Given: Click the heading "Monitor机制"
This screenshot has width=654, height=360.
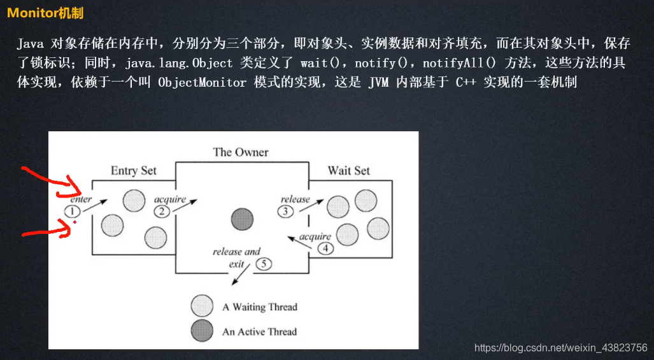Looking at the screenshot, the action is click(45, 13).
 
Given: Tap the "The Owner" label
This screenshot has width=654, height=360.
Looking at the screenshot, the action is click(241, 152).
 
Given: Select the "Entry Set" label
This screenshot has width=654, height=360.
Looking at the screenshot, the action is click(134, 171).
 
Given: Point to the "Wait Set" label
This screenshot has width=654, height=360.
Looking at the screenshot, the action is click(349, 171).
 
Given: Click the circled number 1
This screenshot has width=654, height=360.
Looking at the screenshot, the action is click(72, 211).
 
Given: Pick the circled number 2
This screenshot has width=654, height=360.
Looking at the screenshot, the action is click(162, 212).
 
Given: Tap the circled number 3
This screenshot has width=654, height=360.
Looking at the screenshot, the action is click(285, 211).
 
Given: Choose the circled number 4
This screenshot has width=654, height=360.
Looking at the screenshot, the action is click(325, 248).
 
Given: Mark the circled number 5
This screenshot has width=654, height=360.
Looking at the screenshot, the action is click(264, 264).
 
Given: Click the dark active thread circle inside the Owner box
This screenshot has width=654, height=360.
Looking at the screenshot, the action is click(243, 219).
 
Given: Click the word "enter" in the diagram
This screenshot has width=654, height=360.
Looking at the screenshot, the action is click(81, 199).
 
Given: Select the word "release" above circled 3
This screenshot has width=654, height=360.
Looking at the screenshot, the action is click(295, 199).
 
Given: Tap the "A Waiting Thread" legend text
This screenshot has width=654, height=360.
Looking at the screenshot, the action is click(260, 307).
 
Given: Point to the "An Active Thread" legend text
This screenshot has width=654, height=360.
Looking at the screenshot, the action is click(260, 332).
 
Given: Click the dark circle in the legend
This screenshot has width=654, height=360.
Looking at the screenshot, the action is click(202, 331).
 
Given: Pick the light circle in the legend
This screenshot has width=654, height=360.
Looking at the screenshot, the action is click(202, 306).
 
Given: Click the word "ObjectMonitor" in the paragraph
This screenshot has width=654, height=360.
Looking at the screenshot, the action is click(203, 83).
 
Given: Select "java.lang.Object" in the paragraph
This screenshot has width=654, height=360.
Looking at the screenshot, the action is click(179, 64).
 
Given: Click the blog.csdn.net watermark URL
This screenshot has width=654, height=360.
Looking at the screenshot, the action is click(561, 347).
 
